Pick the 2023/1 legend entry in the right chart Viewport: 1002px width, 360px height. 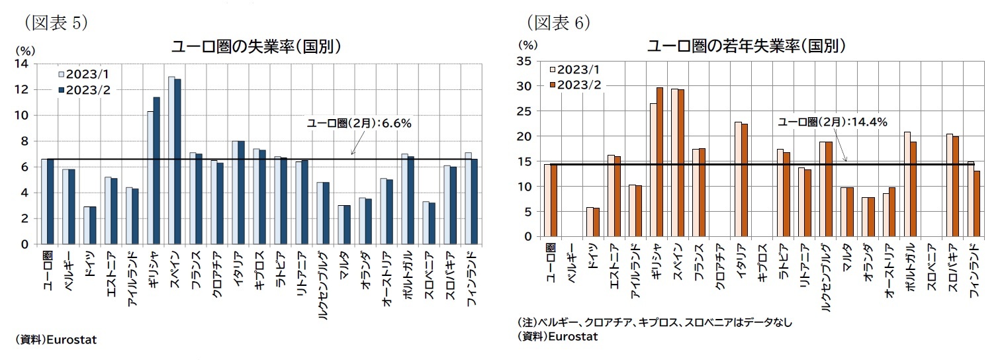[575, 69]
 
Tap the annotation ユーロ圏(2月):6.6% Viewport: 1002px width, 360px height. [359, 123]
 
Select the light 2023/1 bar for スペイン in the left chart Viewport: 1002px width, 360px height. [171, 160]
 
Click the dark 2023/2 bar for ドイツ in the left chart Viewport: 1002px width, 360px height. [93, 225]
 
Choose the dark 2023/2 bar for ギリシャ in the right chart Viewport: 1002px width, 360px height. [659, 162]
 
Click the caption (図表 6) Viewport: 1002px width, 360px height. [559, 22]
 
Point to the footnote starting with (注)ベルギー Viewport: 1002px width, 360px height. [654, 322]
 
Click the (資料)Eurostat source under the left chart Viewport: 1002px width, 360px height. [56, 339]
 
